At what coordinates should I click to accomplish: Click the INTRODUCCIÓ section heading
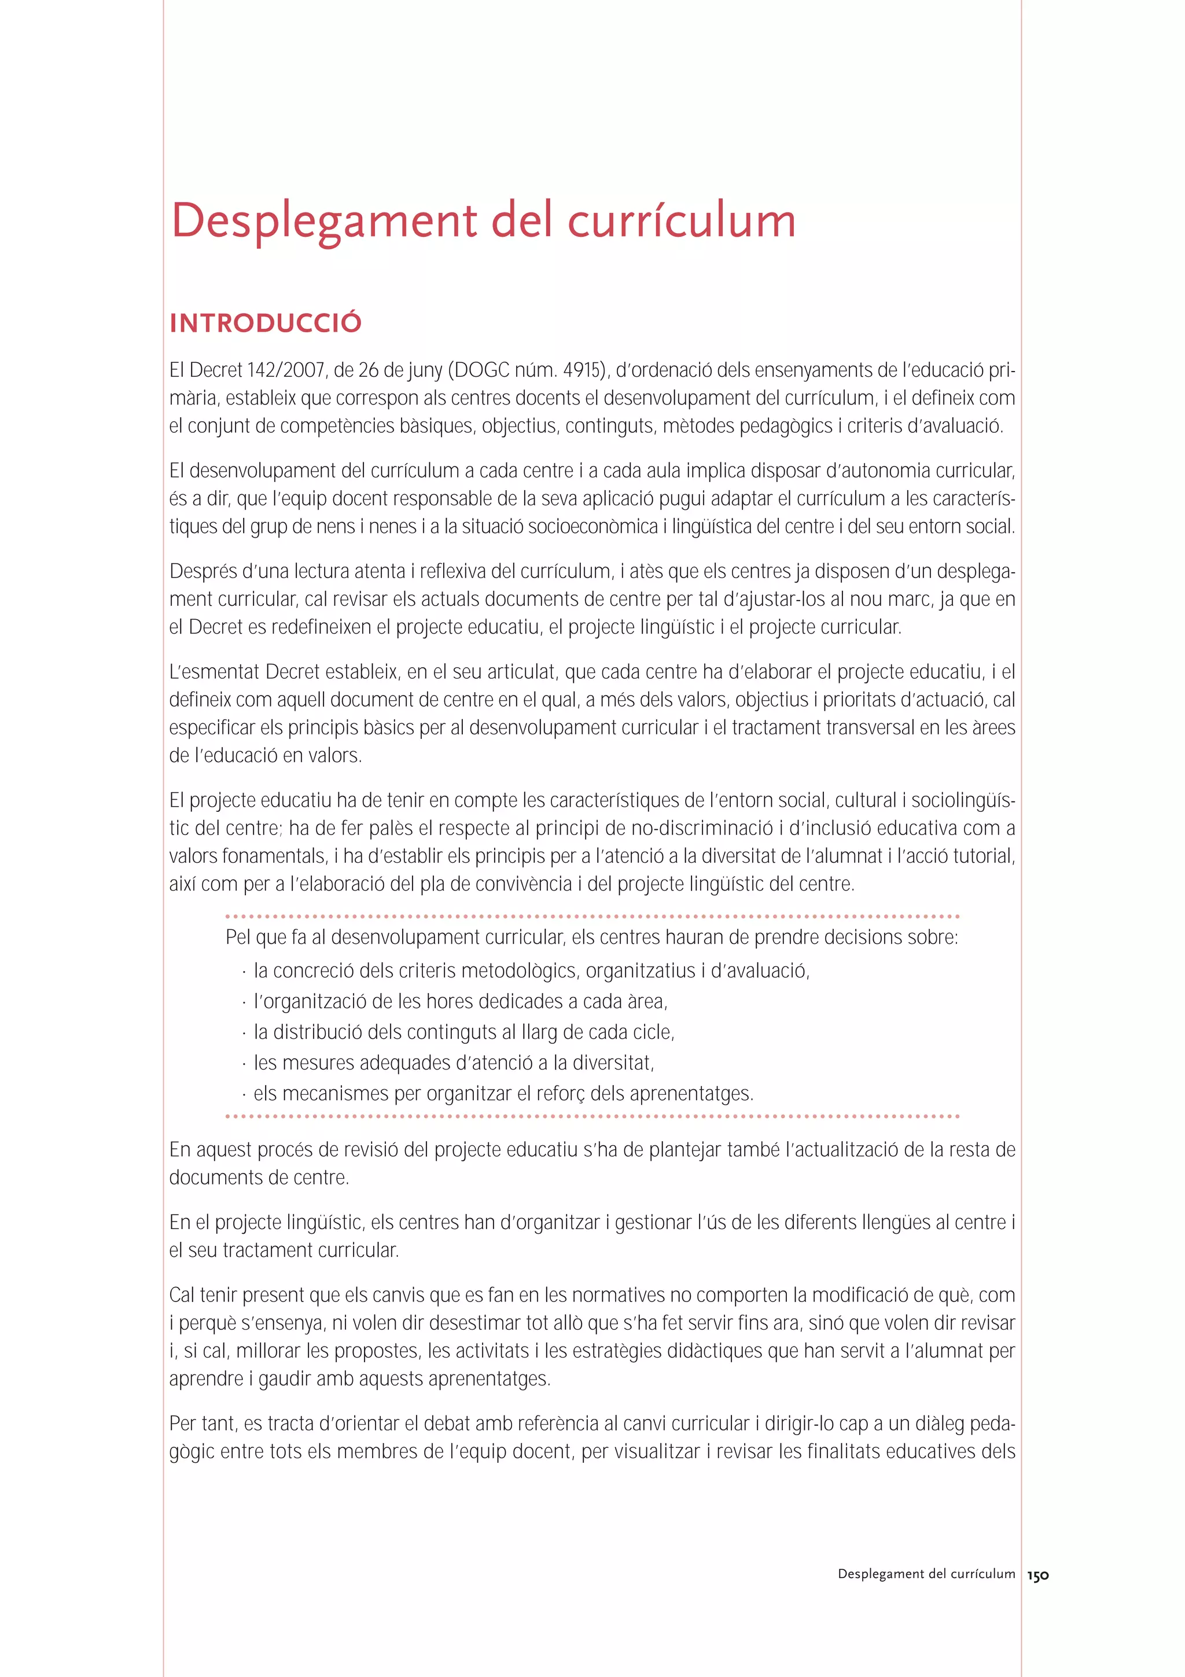(x=265, y=323)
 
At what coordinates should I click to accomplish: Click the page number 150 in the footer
(x=1037, y=1576)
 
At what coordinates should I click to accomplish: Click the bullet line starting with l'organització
(x=460, y=1001)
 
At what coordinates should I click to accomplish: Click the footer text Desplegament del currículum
(x=926, y=1574)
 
